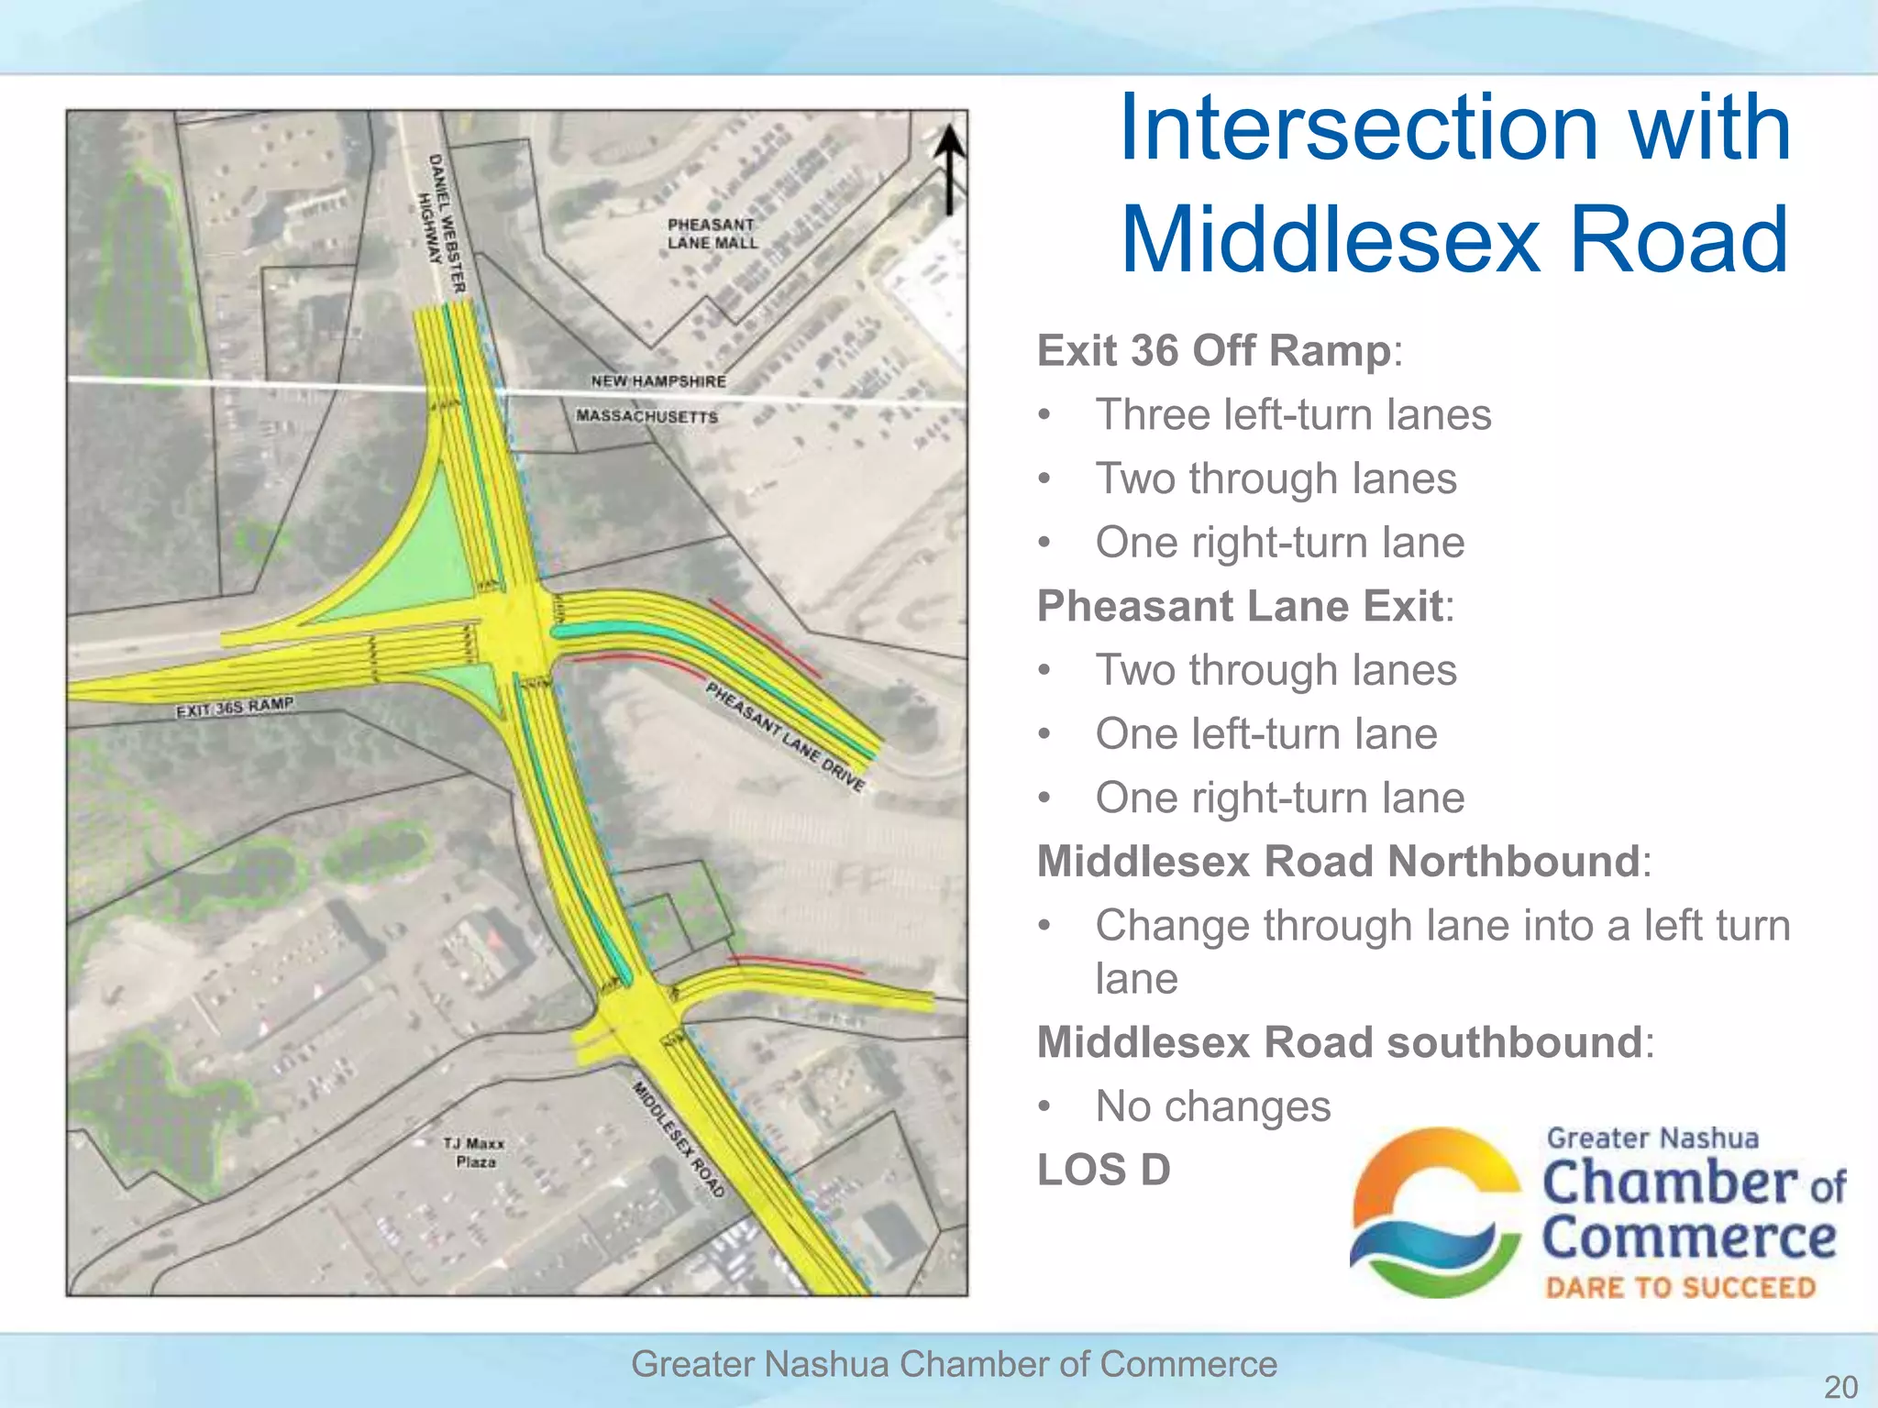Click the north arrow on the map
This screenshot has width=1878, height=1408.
tap(949, 169)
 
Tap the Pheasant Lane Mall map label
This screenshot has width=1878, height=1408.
tap(713, 234)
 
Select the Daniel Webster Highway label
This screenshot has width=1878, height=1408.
tap(442, 223)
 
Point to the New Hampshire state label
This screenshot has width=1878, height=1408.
tap(657, 381)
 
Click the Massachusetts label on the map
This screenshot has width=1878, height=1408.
tap(646, 416)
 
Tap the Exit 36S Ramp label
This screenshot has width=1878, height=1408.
tap(235, 708)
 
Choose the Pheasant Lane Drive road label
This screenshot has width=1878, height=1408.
tap(785, 736)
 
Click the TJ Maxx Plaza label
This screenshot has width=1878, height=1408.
tap(474, 1152)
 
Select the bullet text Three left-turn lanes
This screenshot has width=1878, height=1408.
tap(1293, 414)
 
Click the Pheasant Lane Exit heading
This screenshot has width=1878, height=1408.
tap(1240, 606)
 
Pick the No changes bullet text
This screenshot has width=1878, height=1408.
tap(1212, 1106)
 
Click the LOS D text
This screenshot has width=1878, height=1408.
tap(1103, 1170)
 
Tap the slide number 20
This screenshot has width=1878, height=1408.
tap(1840, 1386)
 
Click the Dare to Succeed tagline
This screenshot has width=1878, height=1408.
tap(1680, 1288)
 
